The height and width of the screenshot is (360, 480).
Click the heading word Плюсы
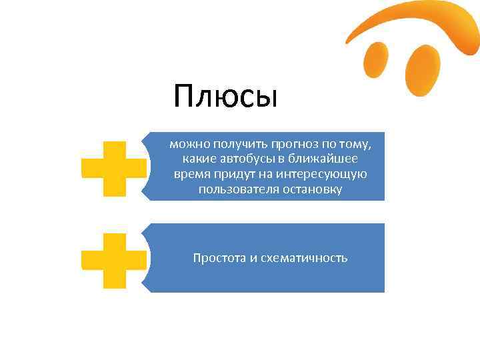(x=225, y=97)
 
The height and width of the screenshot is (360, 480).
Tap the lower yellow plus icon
(x=114, y=261)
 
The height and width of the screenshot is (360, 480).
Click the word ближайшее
(x=327, y=159)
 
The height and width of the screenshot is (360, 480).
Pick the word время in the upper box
(x=191, y=174)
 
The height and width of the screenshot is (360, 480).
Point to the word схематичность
(x=304, y=258)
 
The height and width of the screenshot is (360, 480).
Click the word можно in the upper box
(x=185, y=143)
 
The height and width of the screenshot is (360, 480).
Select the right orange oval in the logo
(x=423, y=69)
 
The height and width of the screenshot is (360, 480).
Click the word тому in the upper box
(x=372, y=143)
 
